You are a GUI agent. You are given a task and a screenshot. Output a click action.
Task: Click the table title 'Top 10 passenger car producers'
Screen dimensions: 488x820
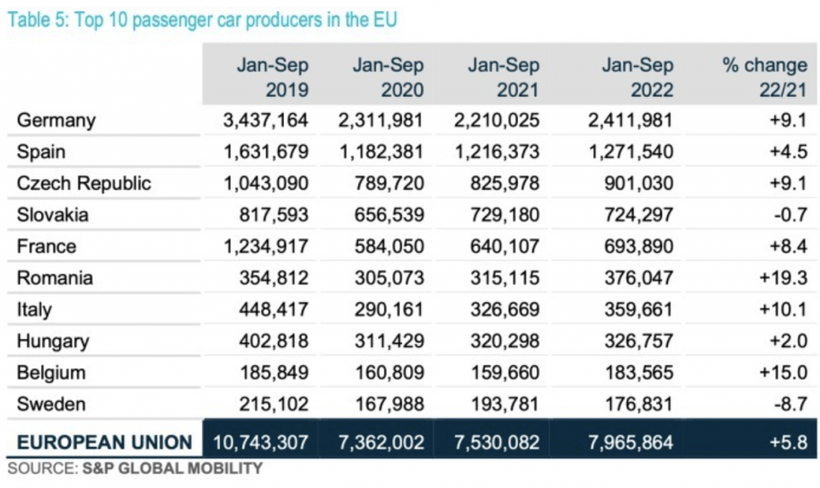tap(202, 19)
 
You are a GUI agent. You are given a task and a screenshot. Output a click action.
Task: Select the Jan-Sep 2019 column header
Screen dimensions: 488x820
tap(272, 76)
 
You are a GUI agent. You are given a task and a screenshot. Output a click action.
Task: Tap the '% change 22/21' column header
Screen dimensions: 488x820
tap(764, 76)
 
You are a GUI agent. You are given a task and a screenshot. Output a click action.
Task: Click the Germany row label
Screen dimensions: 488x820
tap(56, 120)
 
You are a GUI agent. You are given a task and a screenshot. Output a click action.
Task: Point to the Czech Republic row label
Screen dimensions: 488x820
tap(84, 183)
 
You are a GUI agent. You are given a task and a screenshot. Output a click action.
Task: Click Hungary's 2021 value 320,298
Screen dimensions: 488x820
tap(504, 341)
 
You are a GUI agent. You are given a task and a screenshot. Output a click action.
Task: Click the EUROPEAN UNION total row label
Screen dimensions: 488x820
tap(105, 442)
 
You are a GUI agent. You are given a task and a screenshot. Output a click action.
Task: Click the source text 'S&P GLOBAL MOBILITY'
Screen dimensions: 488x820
tap(172, 468)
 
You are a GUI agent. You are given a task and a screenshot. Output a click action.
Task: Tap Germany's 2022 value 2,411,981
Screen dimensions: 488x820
tap(625, 120)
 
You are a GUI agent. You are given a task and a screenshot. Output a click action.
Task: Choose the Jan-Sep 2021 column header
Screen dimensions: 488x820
tap(504, 76)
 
